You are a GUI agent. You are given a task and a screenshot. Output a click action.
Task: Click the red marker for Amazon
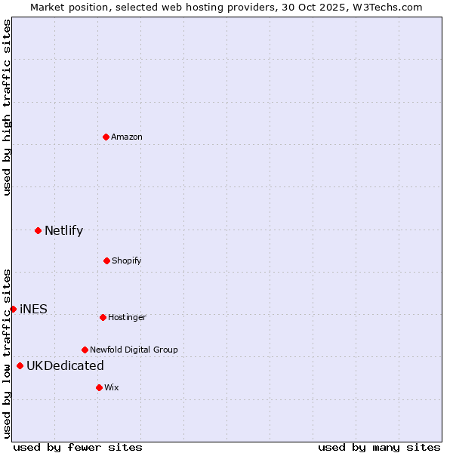(106, 137)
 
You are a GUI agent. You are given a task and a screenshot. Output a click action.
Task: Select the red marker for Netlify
(38, 230)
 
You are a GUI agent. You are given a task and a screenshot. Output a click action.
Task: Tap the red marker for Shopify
(106, 260)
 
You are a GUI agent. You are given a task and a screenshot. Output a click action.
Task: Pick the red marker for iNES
(13, 309)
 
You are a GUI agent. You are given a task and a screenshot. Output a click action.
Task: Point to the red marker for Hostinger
(103, 317)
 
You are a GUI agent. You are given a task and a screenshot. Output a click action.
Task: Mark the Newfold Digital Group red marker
(85, 350)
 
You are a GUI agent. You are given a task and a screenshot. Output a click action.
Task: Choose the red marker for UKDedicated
(20, 365)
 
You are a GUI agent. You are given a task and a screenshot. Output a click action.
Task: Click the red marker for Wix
(99, 387)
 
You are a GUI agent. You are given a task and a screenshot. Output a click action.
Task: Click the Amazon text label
(127, 137)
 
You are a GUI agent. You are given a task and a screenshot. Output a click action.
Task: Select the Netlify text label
(63, 230)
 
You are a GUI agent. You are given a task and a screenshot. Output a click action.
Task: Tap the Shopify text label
(127, 260)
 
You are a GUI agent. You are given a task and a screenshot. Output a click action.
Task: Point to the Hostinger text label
(127, 317)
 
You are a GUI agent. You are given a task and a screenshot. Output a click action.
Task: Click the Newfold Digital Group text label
(134, 350)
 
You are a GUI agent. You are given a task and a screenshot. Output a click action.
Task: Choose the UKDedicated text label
(65, 365)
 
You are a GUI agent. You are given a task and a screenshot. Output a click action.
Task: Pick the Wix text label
(112, 387)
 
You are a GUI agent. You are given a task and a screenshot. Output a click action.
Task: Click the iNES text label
(33, 309)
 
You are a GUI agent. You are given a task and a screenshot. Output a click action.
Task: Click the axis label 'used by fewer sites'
(78, 447)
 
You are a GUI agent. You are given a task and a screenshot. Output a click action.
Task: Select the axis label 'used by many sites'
(379, 447)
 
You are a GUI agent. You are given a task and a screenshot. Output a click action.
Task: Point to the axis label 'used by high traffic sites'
(7, 107)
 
